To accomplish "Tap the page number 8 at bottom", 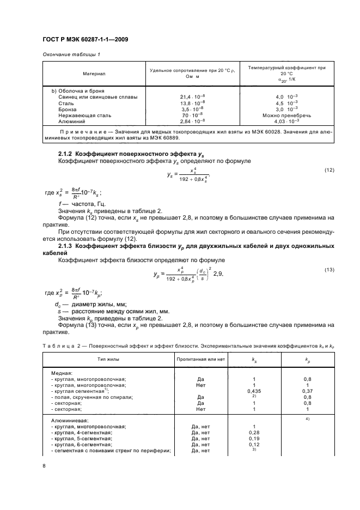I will click(x=45, y=465).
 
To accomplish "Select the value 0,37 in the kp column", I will click(x=307, y=391).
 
